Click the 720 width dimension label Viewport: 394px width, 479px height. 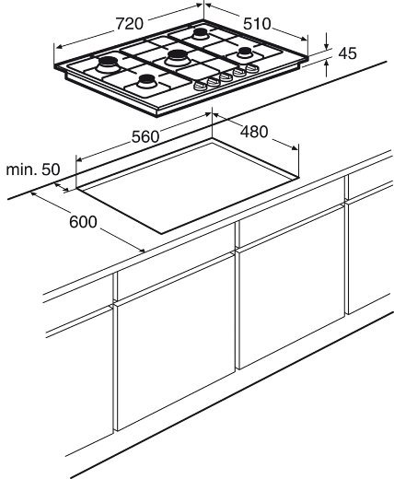(x=129, y=24)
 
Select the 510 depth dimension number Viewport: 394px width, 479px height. (x=257, y=24)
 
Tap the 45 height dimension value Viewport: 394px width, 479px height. (x=347, y=53)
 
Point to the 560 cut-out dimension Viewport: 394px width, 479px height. (x=145, y=136)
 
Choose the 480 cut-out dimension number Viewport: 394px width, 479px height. (x=254, y=132)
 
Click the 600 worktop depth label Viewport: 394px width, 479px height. (x=83, y=222)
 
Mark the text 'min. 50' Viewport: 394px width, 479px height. (x=33, y=169)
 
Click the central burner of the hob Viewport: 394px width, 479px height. (x=177, y=58)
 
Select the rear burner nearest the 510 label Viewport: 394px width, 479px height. (x=201, y=33)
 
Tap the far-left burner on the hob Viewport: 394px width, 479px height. (x=108, y=64)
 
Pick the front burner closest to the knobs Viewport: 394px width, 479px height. (x=146, y=81)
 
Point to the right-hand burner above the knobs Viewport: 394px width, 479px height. (x=245, y=52)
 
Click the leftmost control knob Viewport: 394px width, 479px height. (x=200, y=86)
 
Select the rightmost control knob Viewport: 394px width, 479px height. (x=252, y=68)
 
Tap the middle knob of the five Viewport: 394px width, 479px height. (x=226, y=76)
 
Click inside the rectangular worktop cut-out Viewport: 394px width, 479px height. (x=188, y=187)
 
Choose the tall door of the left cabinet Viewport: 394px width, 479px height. (x=176, y=343)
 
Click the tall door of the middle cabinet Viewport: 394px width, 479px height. (x=292, y=286)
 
